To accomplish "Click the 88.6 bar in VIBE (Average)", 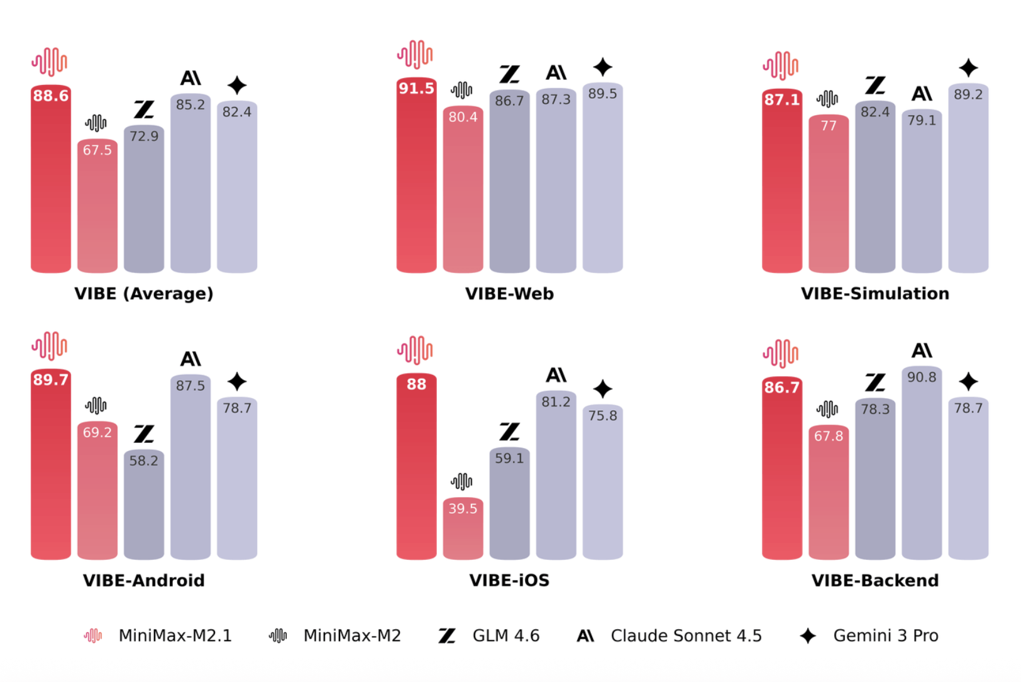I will click(51, 189).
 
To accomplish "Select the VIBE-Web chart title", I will click(509, 294).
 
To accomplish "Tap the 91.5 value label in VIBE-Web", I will click(416, 88).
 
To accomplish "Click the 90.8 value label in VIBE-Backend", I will click(922, 377).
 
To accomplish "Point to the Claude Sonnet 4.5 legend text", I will click(686, 635).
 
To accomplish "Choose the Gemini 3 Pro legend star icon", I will click(808, 636).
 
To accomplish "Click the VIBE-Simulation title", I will click(875, 294).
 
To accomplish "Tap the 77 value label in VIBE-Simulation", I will click(829, 126).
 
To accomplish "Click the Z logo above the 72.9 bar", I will click(144, 109).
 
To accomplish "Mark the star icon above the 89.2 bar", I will click(968, 68).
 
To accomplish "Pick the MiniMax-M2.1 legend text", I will click(175, 635).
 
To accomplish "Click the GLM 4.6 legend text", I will click(505, 635).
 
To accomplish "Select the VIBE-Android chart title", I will click(144, 580).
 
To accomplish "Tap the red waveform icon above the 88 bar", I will click(415, 350).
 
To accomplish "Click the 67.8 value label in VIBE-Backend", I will click(829, 435).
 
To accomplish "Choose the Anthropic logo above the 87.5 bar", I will click(190, 359).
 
